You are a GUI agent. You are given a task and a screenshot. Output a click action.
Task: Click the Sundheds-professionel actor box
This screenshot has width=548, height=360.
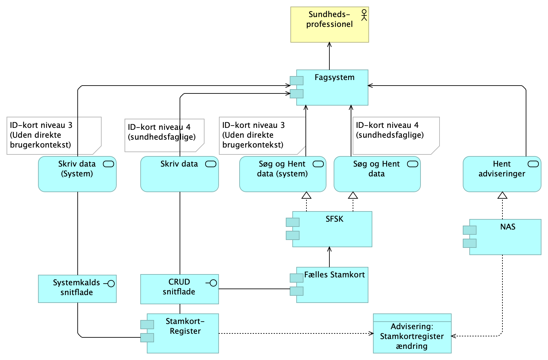[329, 30]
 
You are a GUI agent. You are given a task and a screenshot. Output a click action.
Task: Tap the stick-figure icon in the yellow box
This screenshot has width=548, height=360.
[364, 15]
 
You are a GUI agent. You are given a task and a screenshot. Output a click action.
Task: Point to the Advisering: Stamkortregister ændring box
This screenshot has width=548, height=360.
[412, 336]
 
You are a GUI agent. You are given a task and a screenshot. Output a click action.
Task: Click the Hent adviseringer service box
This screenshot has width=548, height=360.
[502, 177]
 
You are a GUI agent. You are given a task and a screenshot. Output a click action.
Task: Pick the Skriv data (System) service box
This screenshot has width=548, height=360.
[77, 177]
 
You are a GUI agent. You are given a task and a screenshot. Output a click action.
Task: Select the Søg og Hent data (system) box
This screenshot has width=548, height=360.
[283, 177]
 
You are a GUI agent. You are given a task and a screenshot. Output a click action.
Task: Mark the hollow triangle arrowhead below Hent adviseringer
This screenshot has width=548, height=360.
[502, 195]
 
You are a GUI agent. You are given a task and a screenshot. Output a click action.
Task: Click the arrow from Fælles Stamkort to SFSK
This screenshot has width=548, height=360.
[329, 257]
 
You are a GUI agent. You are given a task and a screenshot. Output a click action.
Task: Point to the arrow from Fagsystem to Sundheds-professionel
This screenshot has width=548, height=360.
[329, 56]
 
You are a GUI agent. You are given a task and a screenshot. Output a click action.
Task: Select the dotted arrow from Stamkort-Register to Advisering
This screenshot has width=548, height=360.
[295, 333]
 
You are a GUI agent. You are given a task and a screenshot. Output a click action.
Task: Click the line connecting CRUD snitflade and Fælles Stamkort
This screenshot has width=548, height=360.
[254, 289]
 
